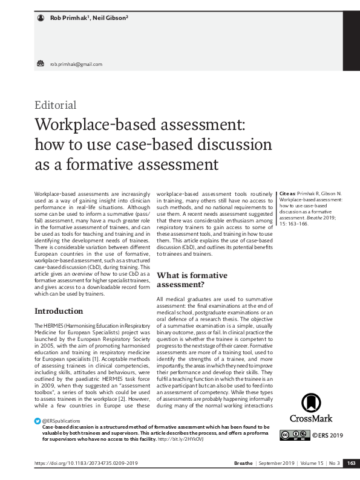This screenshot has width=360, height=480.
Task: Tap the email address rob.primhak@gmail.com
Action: (x=76, y=64)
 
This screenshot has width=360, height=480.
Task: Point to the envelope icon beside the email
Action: (x=41, y=63)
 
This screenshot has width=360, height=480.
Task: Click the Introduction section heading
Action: (x=59, y=311)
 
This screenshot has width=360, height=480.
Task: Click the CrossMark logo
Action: (x=310, y=409)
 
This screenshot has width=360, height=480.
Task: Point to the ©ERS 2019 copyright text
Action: (x=327, y=435)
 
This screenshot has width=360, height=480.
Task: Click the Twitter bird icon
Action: (x=38, y=420)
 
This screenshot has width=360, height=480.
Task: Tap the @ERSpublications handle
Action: (x=61, y=420)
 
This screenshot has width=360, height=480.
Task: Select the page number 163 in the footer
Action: (x=351, y=463)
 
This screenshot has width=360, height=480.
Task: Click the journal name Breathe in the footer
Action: (x=244, y=463)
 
